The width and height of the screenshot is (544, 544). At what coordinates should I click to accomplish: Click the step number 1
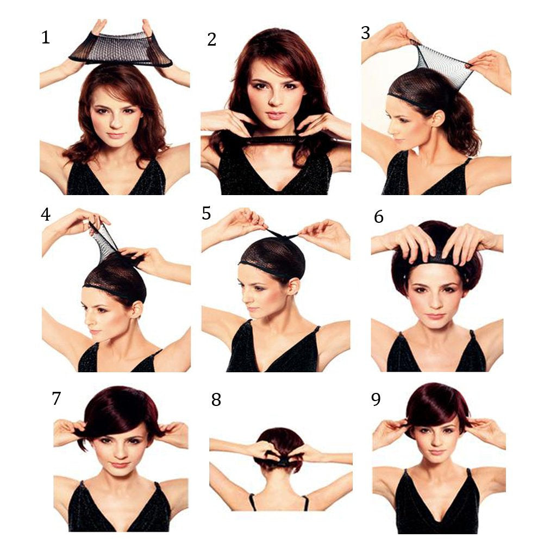46,37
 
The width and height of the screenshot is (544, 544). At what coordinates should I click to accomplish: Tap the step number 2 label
212,40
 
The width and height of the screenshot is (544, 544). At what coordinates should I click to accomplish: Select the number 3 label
366,33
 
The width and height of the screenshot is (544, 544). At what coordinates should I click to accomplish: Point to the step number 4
46,215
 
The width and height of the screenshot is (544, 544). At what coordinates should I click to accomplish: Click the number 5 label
207,213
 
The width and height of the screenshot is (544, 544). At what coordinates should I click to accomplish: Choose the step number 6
379,217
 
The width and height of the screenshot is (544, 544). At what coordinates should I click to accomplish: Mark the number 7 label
57,398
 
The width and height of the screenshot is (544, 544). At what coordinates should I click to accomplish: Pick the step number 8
216,400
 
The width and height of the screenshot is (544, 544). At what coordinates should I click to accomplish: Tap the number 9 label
376,399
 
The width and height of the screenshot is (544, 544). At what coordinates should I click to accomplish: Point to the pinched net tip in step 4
95,224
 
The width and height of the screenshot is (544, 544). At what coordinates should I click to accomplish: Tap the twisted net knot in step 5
283,234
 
